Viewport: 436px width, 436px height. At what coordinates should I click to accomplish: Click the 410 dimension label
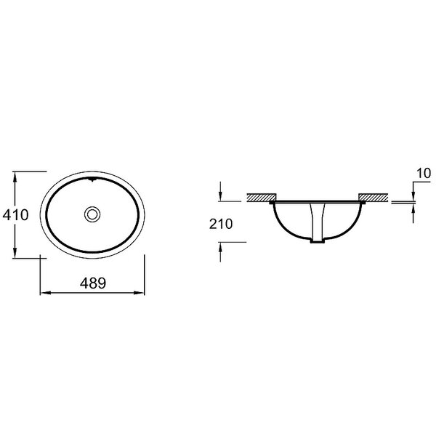pos(15,214)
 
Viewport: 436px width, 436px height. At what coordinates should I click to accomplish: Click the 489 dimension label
pos(93,283)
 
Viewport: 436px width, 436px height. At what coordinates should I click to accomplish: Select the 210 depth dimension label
pos(221,224)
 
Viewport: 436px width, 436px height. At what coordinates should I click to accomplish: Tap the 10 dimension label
pos(424,174)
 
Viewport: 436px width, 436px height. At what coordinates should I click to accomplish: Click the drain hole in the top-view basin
pos(92,214)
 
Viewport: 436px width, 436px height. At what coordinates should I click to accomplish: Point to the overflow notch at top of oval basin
pos(92,179)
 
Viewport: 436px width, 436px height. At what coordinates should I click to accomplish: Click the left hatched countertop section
pos(262,197)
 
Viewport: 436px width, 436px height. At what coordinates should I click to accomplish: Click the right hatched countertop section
pos(374,197)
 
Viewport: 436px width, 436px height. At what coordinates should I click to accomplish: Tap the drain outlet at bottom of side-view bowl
pos(318,241)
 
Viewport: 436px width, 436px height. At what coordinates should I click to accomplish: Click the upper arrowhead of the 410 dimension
pos(15,177)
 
